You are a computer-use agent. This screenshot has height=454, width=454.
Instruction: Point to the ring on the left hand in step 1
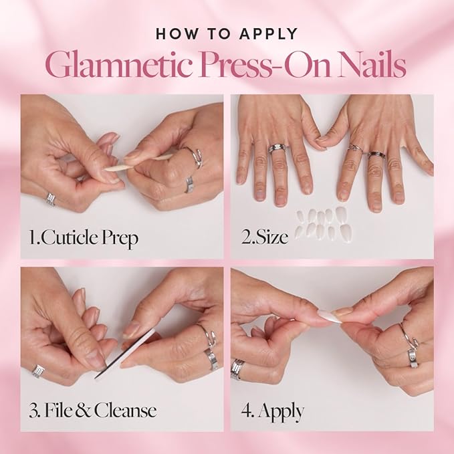(x=51, y=199)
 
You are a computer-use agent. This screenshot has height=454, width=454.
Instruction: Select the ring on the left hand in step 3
(x=39, y=371)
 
